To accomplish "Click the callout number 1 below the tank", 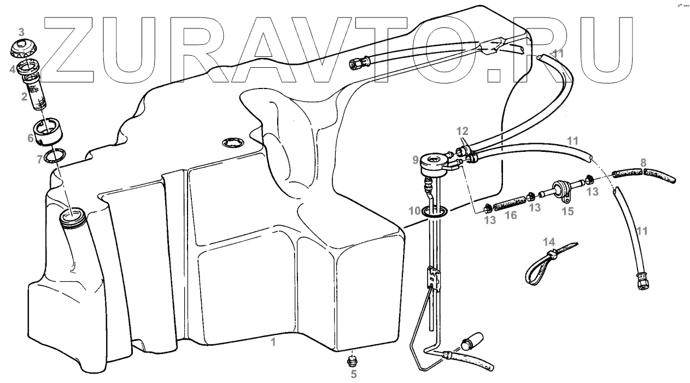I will tap(273, 343).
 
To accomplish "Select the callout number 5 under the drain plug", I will tap(353, 374).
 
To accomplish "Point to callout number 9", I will tap(416, 160).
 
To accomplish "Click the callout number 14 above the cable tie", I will tap(548, 241).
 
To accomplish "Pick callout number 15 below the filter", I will tap(568, 211).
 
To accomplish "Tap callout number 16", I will tap(511, 216).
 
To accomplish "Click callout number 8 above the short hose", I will tap(644, 162).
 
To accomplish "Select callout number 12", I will tap(463, 131).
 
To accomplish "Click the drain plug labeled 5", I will tap(353, 360).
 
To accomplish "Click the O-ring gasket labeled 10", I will tap(436, 211).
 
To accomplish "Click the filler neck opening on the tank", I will tap(73, 217).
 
